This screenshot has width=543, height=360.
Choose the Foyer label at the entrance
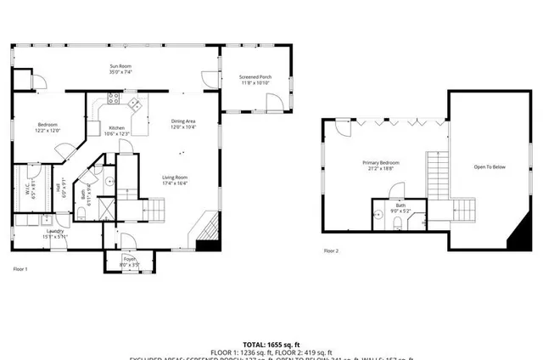pos(129,261)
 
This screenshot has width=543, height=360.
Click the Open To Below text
pos(489,167)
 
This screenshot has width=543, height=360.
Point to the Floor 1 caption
pos(20,268)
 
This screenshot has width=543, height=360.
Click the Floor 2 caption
pos(331,250)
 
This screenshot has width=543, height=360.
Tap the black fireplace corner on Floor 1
pos(205,245)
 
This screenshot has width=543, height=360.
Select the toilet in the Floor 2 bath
pos(397,222)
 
